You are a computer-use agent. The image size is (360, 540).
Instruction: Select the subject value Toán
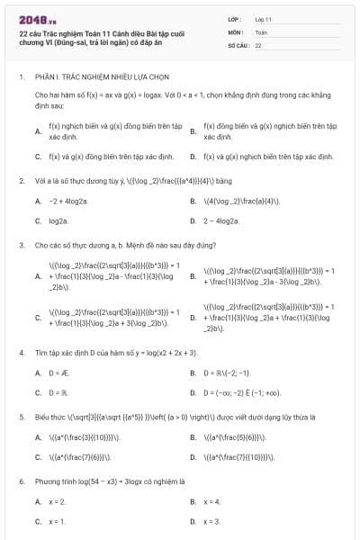[261, 31]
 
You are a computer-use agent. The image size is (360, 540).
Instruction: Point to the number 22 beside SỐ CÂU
[258, 44]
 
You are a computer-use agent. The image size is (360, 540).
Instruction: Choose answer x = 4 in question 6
[211, 500]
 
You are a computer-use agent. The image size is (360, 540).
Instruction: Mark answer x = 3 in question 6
[211, 521]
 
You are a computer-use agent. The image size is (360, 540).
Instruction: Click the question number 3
[21, 244]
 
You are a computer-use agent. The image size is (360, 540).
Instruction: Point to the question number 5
[21, 418]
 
